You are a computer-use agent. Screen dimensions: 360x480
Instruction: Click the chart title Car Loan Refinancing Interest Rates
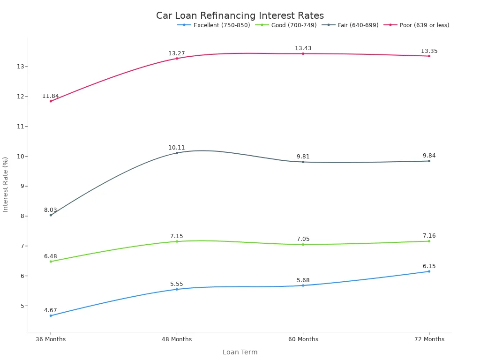(x=240, y=15)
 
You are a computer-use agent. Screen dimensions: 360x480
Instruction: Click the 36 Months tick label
(x=51, y=339)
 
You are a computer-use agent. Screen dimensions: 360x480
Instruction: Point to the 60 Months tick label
(x=303, y=339)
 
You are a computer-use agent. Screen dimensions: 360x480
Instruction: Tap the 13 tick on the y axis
(x=21, y=67)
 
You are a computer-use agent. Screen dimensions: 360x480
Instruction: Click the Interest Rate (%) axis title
(x=6, y=184)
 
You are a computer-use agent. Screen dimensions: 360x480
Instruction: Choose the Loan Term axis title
(x=240, y=352)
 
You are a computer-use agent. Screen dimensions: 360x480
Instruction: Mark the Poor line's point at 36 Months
(x=51, y=101)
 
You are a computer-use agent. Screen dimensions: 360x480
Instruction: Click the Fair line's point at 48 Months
(x=177, y=153)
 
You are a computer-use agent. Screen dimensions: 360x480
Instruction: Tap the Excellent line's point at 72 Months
(x=429, y=271)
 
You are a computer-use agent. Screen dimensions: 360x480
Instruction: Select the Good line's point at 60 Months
(x=303, y=244)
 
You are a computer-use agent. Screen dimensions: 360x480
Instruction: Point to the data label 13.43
(x=303, y=48)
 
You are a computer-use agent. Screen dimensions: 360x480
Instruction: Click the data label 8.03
(x=51, y=210)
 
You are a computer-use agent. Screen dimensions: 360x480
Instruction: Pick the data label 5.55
(x=177, y=284)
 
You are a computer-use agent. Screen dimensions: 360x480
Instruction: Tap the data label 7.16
(x=429, y=236)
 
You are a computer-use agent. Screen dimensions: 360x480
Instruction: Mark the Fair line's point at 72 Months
(x=429, y=161)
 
